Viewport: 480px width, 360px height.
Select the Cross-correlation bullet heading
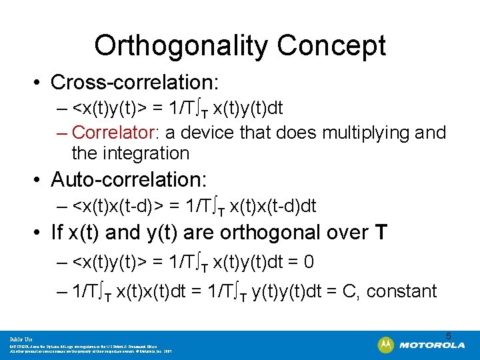point(135,82)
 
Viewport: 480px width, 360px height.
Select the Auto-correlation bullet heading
point(129,179)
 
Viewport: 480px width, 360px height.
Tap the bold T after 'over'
point(381,233)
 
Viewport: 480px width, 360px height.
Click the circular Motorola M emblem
point(385,345)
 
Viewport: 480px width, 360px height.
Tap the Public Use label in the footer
point(21,339)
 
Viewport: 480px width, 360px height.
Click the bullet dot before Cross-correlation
point(41,83)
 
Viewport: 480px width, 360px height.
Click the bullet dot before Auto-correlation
point(41,180)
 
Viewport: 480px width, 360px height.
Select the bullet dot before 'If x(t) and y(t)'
point(41,233)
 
